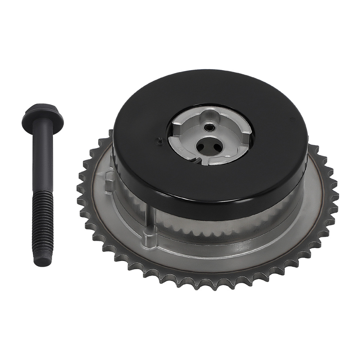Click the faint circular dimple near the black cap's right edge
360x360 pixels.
point(292,118)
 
